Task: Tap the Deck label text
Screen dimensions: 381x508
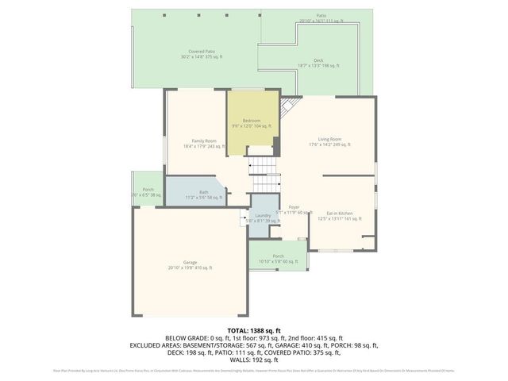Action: coord(317,63)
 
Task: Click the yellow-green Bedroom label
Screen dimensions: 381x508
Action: coord(252,123)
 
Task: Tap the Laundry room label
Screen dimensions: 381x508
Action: coord(263,217)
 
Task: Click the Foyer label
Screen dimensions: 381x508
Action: coord(294,209)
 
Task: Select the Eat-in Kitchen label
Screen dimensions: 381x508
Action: coord(340,215)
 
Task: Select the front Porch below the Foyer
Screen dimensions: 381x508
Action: coord(278,258)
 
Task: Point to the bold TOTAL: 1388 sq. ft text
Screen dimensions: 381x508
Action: coord(254,329)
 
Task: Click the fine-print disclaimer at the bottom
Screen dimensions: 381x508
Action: coord(254,370)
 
